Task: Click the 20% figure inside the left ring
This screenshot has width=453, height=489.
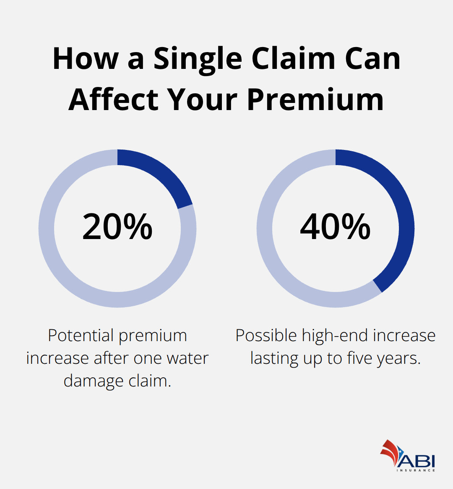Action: click(x=117, y=226)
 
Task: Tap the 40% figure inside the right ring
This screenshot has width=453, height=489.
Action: click(x=336, y=226)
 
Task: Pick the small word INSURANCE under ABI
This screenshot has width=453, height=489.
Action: click(x=416, y=470)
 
